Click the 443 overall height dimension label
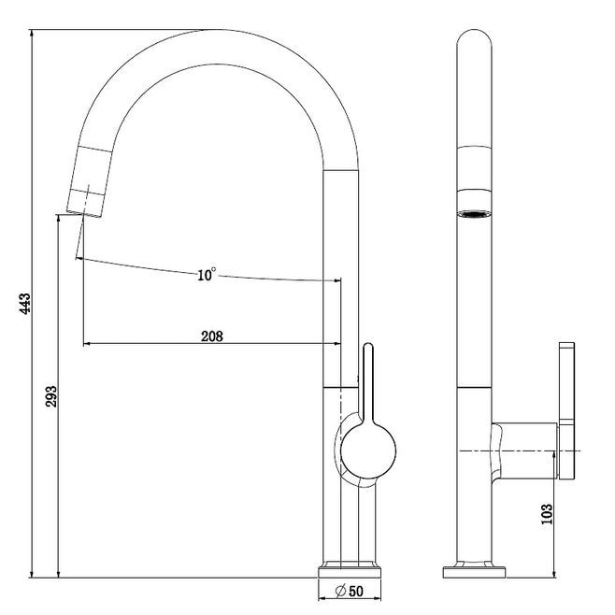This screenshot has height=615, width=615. coord(24,303)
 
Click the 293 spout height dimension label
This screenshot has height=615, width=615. coord(51,396)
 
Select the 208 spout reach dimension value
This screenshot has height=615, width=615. coord(212,336)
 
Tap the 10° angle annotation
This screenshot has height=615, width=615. coord(207,275)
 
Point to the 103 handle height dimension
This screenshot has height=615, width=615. coord(547,514)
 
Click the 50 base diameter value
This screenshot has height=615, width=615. coord(355,591)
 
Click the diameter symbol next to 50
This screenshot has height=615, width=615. coord(340,591)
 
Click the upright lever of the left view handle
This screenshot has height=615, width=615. coord(368,382)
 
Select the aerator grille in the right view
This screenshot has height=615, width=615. coord(474,214)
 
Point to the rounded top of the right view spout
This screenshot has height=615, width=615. coord(474,39)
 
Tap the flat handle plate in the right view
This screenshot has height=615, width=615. coord(567,410)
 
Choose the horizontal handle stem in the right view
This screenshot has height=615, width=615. coord(524,451)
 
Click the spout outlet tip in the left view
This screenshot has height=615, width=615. coord(85,214)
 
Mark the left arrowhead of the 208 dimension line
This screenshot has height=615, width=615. coord(87,344)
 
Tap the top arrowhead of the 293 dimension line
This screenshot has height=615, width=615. coord(59,218)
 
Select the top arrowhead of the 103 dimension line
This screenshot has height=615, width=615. coord(554,455)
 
